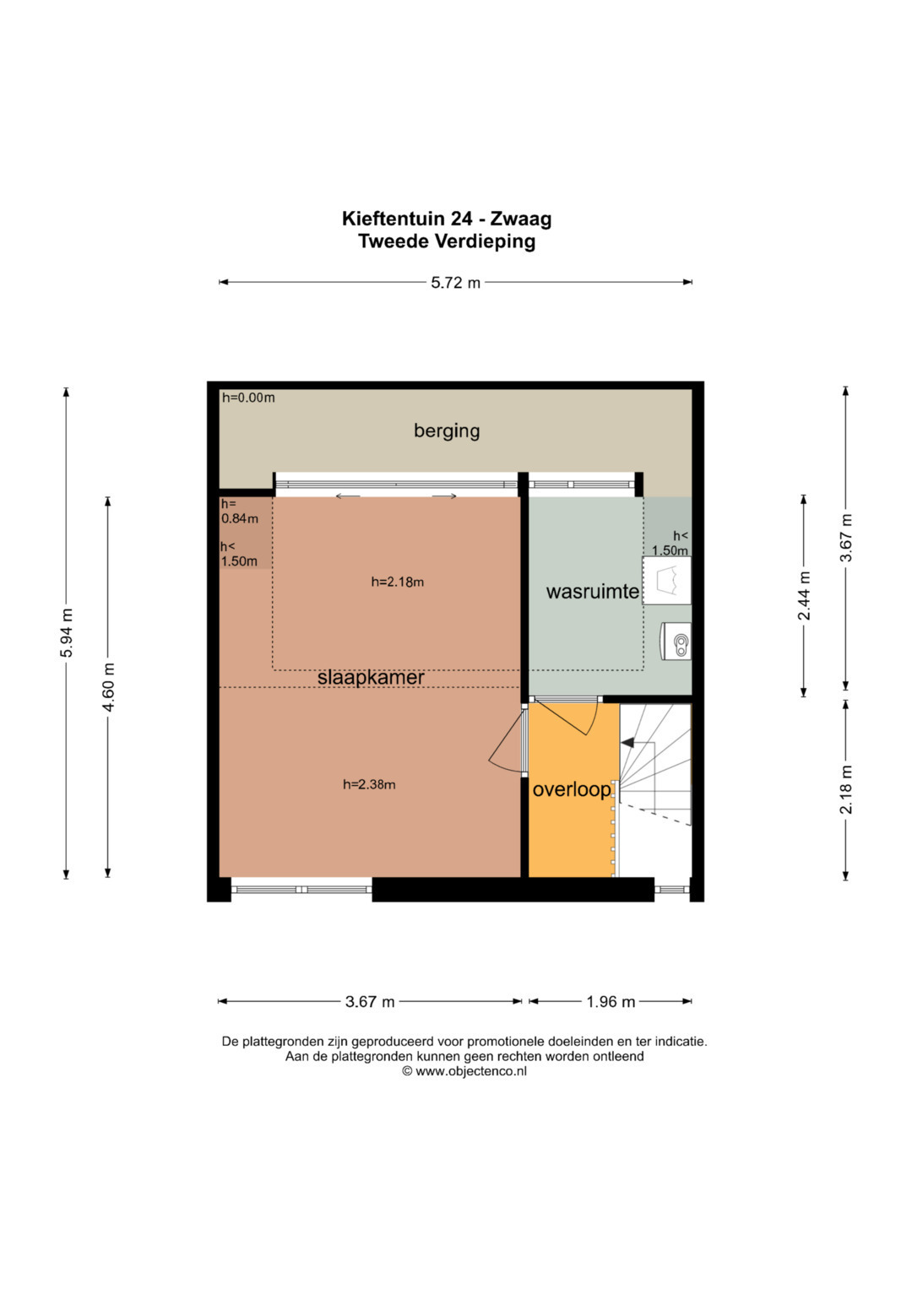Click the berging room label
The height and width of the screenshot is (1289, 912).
[x=447, y=431]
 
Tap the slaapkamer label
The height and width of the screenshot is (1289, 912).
[x=371, y=678]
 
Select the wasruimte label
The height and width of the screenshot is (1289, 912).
[x=593, y=591]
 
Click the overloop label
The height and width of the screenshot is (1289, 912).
[x=572, y=790]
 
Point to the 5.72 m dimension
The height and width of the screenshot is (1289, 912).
[x=455, y=283]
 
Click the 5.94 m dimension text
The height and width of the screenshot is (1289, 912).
[x=67, y=632]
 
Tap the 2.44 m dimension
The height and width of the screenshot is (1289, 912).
[x=804, y=596]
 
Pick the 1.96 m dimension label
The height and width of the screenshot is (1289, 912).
[x=611, y=1002]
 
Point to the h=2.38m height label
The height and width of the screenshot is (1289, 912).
[x=369, y=784]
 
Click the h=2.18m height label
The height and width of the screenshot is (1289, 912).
[x=397, y=582]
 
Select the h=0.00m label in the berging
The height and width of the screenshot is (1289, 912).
[x=248, y=397]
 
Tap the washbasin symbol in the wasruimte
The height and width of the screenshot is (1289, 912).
[x=667, y=580]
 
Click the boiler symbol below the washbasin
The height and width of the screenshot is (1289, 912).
[x=676, y=641]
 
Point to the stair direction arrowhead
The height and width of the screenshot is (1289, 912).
[x=627, y=743]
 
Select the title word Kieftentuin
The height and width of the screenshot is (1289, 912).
[x=393, y=219]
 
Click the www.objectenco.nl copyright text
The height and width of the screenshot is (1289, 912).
[x=464, y=1071]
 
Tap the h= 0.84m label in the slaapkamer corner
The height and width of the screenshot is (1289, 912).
[x=240, y=511]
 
